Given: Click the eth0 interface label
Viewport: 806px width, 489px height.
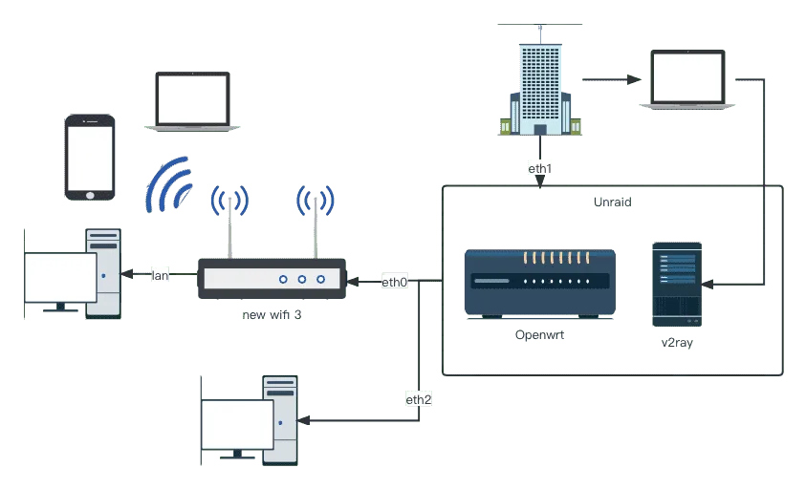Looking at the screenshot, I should pyautogui.click(x=395, y=282).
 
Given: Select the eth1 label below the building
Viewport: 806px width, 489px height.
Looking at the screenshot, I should pyautogui.click(x=540, y=168).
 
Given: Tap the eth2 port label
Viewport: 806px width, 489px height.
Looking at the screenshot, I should pyautogui.click(x=419, y=399).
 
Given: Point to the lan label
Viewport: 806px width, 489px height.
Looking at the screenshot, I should pyautogui.click(x=161, y=275).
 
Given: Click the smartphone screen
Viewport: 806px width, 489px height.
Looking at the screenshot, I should pyautogui.click(x=90, y=157).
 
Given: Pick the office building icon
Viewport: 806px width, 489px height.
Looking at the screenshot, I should pyautogui.click(x=540, y=88).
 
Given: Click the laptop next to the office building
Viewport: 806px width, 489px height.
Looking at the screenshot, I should pyautogui.click(x=687, y=80).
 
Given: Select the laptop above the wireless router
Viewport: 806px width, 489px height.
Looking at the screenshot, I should pyautogui.click(x=192, y=100).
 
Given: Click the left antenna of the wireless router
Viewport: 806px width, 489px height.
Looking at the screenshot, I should pyautogui.click(x=229, y=225).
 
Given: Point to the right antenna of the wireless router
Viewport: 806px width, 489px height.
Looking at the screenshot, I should pyautogui.click(x=315, y=223).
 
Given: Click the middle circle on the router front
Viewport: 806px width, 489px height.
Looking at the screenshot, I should pyautogui.click(x=301, y=279).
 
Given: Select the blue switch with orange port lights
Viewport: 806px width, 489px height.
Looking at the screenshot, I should pyautogui.click(x=538, y=282).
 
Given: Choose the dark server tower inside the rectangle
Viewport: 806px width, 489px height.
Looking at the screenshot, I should pyautogui.click(x=677, y=283).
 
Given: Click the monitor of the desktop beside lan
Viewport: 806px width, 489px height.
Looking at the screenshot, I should pyautogui.click(x=60, y=278).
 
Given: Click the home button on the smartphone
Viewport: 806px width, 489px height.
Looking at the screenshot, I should pyautogui.click(x=90, y=195).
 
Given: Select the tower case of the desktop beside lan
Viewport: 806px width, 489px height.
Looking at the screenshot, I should pyautogui.click(x=104, y=271).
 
